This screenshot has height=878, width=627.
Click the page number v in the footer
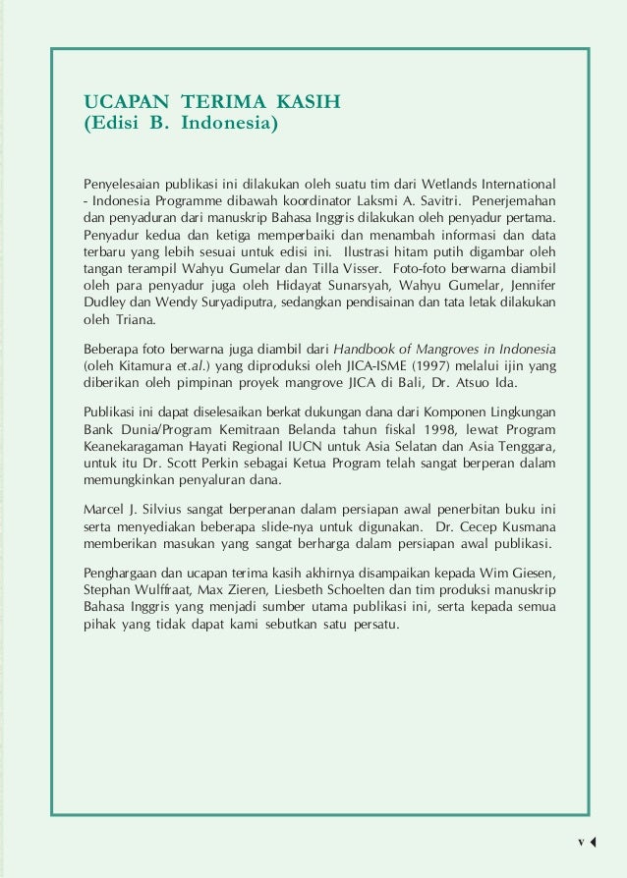coord(581,843)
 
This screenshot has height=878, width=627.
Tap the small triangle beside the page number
coord(594,843)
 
